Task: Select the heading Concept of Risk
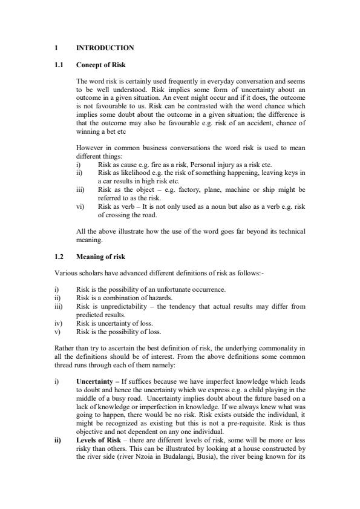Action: (x=100, y=64)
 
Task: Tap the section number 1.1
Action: (x=59, y=64)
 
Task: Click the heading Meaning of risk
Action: (x=100, y=257)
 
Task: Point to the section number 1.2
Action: (x=59, y=257)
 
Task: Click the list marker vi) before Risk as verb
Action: (x=80, y=206)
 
